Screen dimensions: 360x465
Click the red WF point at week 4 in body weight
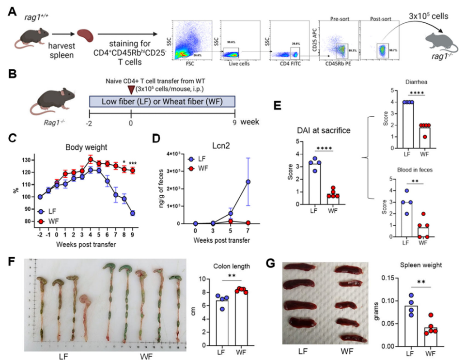[90, 159]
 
